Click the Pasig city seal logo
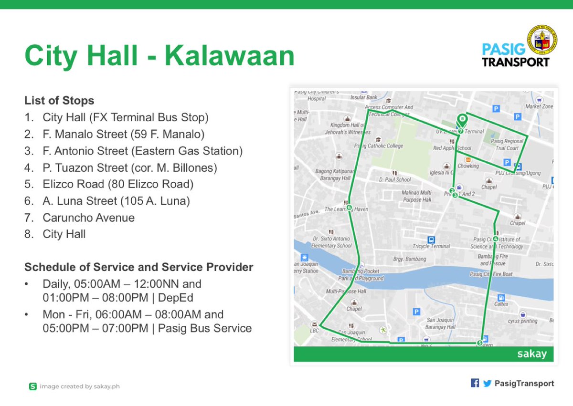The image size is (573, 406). [x=541, y=40]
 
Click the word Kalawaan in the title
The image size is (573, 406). [x=230, y=55]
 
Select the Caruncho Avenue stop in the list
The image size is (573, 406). [x=89, y=218]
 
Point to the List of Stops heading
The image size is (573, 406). [x=59, y=101]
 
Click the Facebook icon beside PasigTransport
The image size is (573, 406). [x=475, y=383]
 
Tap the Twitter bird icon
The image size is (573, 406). [x=487, y=383]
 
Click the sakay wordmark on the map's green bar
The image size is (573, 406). [x=532, y=354]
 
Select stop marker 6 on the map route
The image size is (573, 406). [x=349, y=208]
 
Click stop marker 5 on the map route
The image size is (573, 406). [x=480, y=343]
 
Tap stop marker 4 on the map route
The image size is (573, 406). [x=496, y=239]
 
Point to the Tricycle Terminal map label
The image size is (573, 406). [x=431, y=246]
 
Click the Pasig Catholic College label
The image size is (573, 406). [x=379, y=146]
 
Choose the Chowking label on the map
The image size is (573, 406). [x=468, y=166]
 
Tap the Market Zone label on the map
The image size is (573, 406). [x=539, y=106]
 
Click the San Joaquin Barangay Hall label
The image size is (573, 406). [x=441, y=323]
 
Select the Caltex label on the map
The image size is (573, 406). [x=501, y=303]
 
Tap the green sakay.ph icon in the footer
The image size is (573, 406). [x=32, y=386]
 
